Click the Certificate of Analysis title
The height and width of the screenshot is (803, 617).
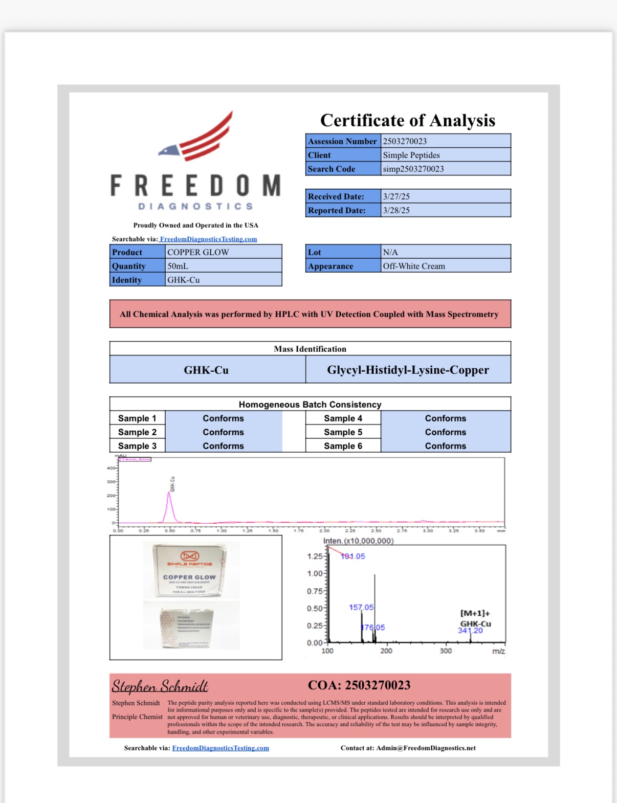pos(408,120)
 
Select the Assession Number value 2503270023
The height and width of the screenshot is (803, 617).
pos(405,141)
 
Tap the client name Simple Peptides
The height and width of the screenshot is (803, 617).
pos(411,155)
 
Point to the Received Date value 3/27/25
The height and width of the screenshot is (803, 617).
pos(396,196)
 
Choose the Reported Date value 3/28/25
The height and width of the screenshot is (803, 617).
pos(396,210)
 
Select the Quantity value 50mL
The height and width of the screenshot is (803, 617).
pos(178,266)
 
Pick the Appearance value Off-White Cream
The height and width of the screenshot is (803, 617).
pos(414,266)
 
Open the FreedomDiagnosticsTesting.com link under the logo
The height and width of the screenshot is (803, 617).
pos(208,239)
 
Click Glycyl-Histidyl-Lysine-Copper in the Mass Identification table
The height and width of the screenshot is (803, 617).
pos(408,370)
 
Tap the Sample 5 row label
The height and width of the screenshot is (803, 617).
pos(343,432)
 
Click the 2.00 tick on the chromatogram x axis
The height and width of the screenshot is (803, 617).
pos(324,531)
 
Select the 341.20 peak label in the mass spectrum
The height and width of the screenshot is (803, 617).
pos(470,631)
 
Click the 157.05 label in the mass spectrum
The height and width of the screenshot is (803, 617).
pos(361,607)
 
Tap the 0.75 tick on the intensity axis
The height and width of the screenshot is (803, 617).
pos(315,591)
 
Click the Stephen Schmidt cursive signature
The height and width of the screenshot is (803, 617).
pos(160,686)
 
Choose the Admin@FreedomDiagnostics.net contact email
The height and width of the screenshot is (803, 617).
pos(426,748)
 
